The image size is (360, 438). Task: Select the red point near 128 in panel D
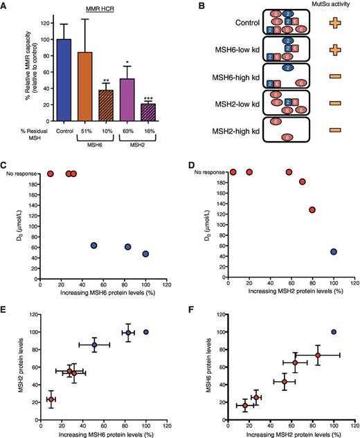pyautogui.click(x=313, y=210)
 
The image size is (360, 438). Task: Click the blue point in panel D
pyautogui.click(x=334, y=252)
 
